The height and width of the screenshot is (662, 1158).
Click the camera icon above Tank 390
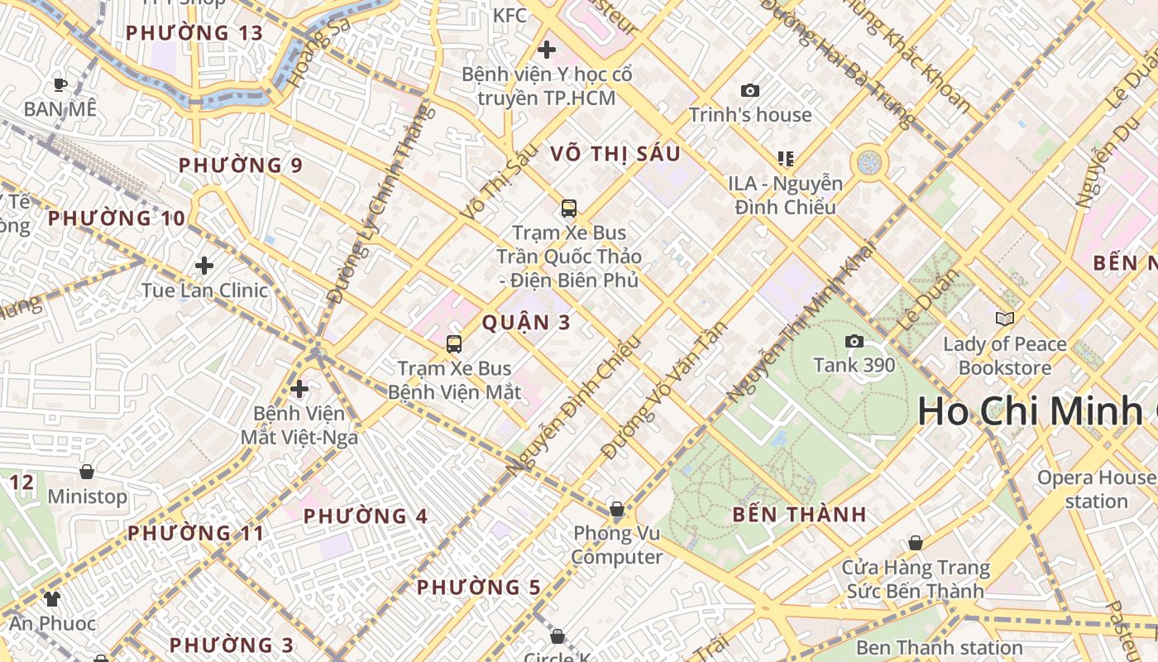pyautogui.click(x=854, y=341)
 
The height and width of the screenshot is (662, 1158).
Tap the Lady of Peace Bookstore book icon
pyautogui.click(x=1004, y=319)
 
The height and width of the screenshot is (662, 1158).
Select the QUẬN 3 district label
pyautogui.click(x=526, y=323)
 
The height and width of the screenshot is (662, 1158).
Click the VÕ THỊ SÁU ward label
pyautogui.click(x=615, y=153)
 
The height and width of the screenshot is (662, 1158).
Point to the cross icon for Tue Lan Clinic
pyautogui.click(x=203, y=266)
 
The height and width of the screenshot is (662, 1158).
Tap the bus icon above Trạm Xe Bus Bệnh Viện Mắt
pyautogui.click(x=453, y=343)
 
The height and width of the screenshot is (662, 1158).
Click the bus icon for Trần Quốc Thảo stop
pyautogui.click(x=568, y=208)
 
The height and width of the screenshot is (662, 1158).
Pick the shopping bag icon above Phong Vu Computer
pyautogui.click(x=616, y=508)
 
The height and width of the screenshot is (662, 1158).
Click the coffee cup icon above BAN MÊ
pyautogui.click(x=60, y=84)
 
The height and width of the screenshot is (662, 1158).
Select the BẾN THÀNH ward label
pyautogui.click(x=799, y=514)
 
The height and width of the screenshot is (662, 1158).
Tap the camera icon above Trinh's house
pyautogui.click(x=749, y=90)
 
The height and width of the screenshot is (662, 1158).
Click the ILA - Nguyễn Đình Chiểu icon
pyautogui.click(x=785, y=158)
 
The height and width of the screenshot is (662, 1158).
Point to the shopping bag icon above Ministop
pyautogui.click(x=87, y=472)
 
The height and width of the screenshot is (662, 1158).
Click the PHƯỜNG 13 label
pyautogui.click(x=194, y=33)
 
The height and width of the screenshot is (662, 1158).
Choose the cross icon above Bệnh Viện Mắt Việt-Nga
pyautogui.click(x=299, y=388)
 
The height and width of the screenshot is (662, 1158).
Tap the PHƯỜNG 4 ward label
pyautogui.click(x=365, y=516)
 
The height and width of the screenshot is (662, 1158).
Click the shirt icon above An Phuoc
pyautogui.click(x=52, y=598)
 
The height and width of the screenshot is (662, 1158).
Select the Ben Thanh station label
pyautogui.click(x=939, y=647)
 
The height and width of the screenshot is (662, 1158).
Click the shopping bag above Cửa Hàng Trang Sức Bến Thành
pyautogui.click(x=915, y=543)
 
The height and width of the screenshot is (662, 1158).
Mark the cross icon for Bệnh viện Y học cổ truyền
pyautogui.click(x=546, y=50)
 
